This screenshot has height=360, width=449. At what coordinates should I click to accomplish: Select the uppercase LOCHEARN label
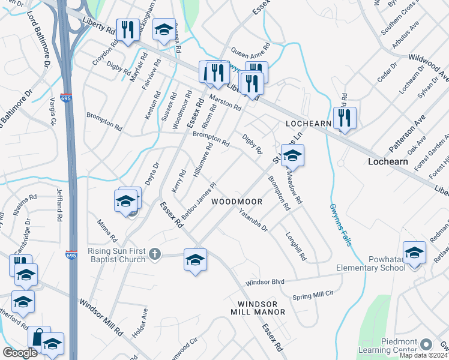(309, 124)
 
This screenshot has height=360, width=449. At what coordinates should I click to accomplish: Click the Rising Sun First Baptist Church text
(117, 255)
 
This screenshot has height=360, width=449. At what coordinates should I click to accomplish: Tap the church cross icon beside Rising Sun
(155, 254)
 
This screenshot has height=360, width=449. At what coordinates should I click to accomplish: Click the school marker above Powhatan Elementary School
(414, 253)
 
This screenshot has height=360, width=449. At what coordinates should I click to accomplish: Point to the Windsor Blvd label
(264, 281)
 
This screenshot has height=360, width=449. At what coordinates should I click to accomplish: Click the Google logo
(20, 353)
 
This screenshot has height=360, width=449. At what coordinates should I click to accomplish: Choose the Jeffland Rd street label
(59, 205)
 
